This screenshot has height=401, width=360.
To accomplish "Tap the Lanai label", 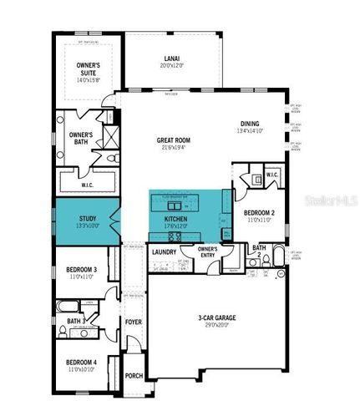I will pyautogui.click(x=174, y=59).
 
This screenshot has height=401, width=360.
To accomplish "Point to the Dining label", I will pyautogui.click(x=249, y=123).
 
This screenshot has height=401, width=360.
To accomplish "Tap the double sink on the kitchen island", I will pyautogui.click(x=175, y=205).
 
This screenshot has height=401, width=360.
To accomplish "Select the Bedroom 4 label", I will pyautogui.click(x=81, y=362).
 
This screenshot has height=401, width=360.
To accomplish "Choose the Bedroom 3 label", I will pyautogui.click(x=81, y=269).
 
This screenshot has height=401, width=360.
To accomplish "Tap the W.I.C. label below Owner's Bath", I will pyautogui.click(x=89, y=174).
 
